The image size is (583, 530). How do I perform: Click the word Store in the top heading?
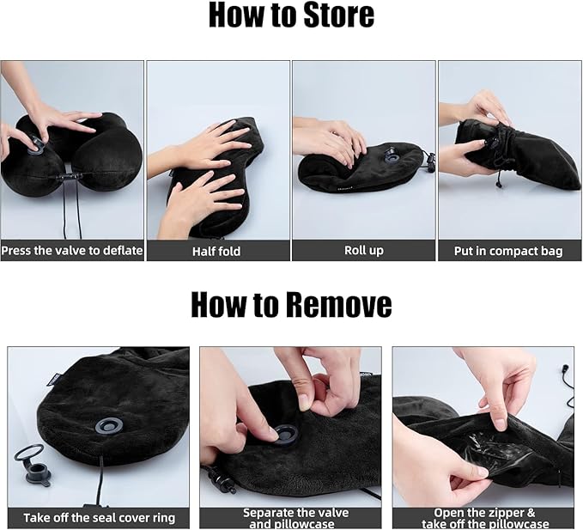point(338,15)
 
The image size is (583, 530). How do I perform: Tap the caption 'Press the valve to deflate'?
point(72,250)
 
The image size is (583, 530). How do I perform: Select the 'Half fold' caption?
point(216,252)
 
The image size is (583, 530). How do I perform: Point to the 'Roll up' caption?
point(364,251)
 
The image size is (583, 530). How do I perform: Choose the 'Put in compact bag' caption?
point(508,252)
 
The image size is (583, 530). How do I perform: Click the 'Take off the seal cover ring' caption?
point(99,518)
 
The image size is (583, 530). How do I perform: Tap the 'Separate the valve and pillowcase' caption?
point(296,519)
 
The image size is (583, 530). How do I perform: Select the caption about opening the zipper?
point(485,519)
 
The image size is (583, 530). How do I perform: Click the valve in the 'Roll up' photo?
point(392,156)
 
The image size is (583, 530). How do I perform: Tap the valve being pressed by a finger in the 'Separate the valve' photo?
point(285,436)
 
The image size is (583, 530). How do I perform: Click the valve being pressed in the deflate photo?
point(36,147)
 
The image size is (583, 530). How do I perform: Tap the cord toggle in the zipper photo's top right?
point(566,369)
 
